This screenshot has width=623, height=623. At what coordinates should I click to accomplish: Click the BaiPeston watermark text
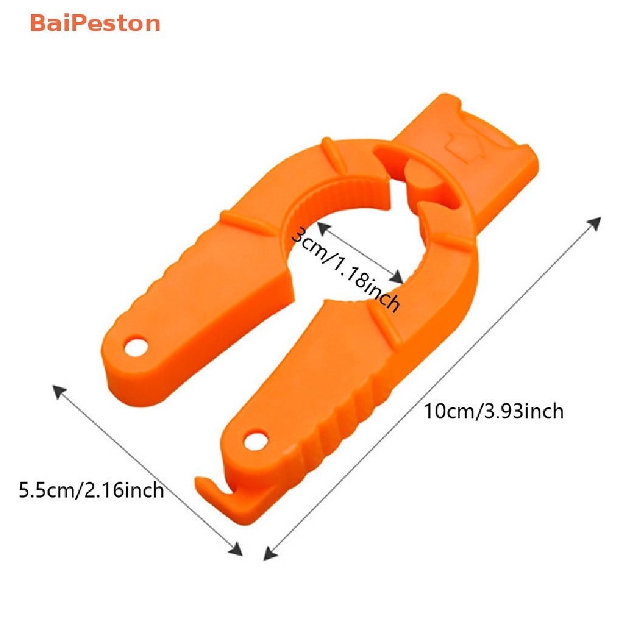(95, 24)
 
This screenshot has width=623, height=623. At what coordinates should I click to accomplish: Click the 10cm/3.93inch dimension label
(494, 411)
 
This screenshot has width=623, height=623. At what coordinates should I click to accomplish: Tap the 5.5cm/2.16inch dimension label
(91, 489)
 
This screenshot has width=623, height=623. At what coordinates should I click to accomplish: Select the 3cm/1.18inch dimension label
(346, 268)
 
